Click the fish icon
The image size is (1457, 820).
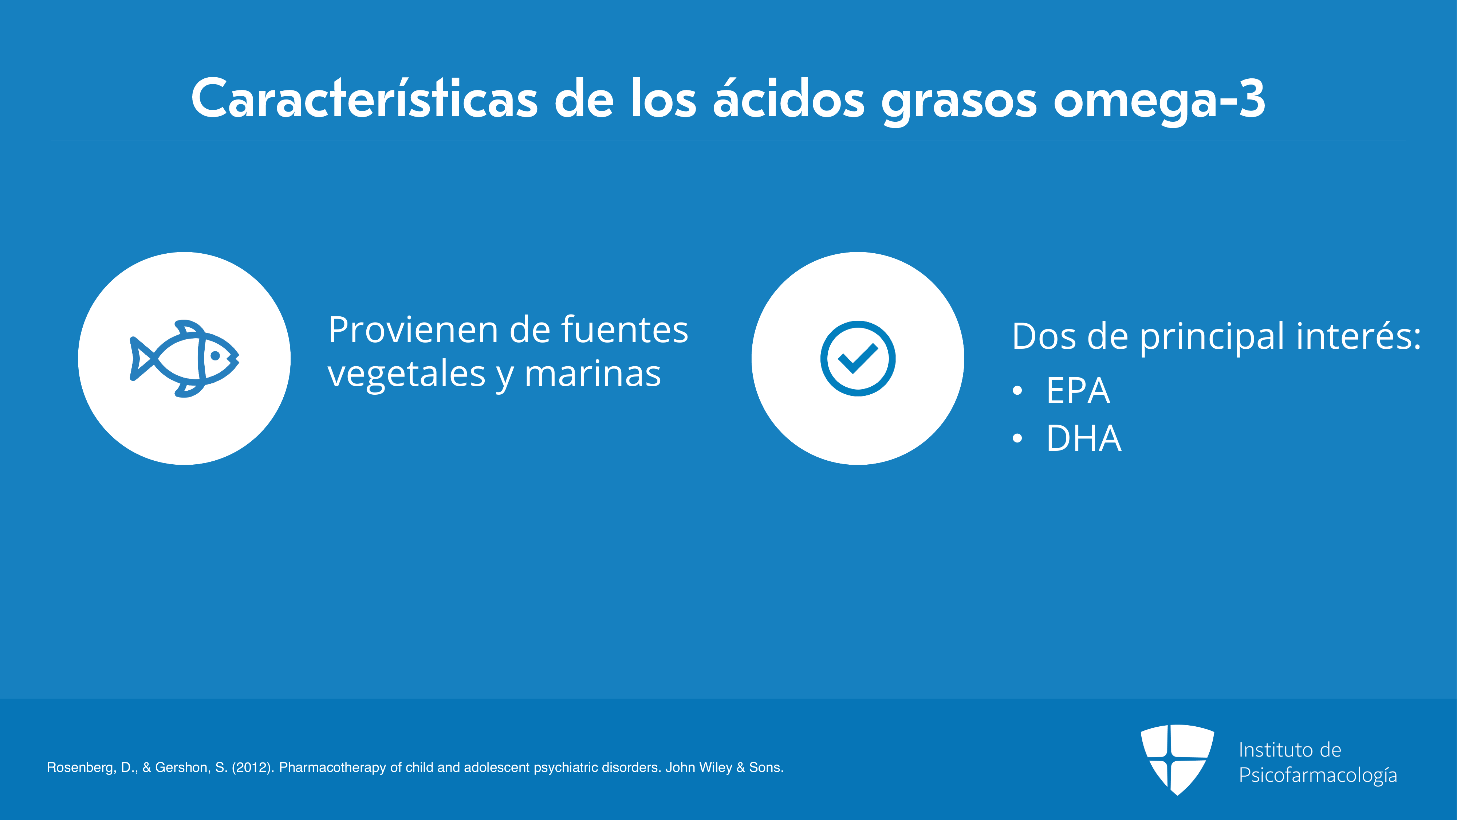point(184,358)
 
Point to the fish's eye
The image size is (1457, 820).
point(216,356)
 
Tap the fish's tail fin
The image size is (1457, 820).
point(141,358)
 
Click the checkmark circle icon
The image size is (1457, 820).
point(858,358)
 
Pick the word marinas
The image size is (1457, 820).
point(593,374)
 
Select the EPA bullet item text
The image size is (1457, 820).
point(1078,390)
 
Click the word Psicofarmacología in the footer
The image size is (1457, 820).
point(1318,775)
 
